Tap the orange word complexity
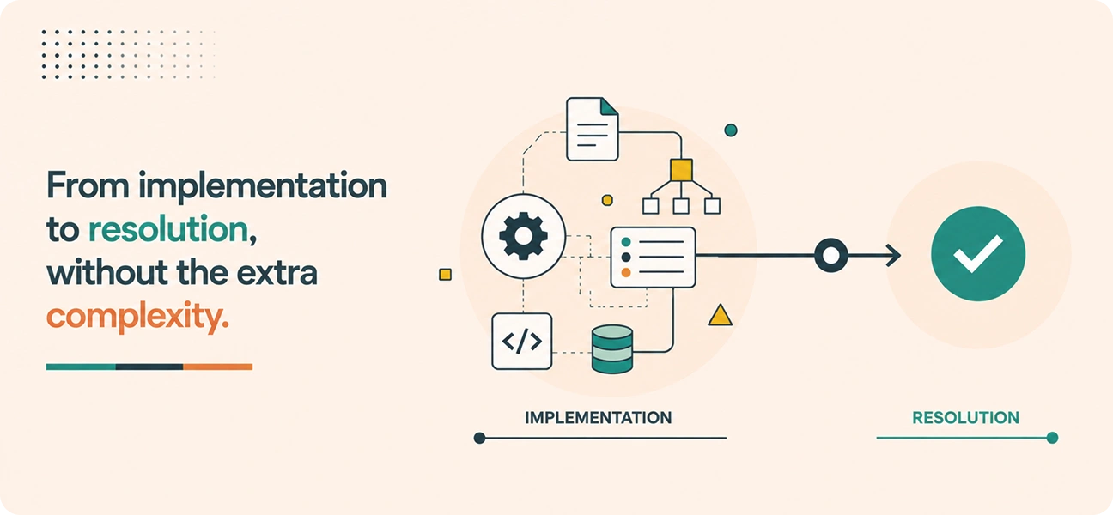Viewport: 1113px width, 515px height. click(137, 317)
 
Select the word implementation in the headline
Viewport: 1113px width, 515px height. click(262, 187)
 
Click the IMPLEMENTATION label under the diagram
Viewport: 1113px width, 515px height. click(599, 418)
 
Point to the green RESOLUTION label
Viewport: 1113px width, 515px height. click(965, 418)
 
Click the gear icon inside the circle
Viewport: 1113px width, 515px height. click(523, 236)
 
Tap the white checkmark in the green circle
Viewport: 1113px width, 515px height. click(978, 254)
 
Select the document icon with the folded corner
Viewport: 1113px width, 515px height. click(593, 129)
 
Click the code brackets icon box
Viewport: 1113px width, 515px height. click(522, 341)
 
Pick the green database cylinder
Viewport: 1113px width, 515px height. click(612, 349)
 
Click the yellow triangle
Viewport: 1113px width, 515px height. click(720, 316)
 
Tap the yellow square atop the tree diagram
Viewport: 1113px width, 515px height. click(681, 170)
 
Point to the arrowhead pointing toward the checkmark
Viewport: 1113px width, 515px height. click(893, 255)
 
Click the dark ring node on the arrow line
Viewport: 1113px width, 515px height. click(830, 255)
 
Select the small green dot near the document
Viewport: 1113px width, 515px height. click(731, 130)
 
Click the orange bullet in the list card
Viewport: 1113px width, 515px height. click(626, 272)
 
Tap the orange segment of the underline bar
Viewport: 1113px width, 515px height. click(217, 367)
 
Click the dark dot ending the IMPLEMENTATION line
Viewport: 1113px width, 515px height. click(479, 438)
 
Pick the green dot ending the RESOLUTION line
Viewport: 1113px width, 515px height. click(1052, 438)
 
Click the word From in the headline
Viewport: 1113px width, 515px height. click(88, 185)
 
